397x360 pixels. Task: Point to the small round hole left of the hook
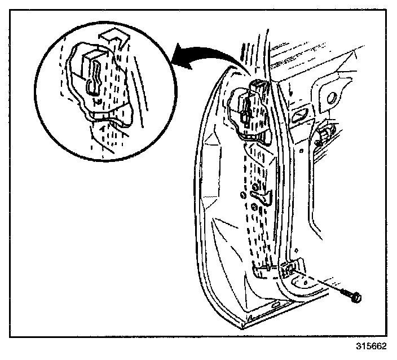tap(242, 195)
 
